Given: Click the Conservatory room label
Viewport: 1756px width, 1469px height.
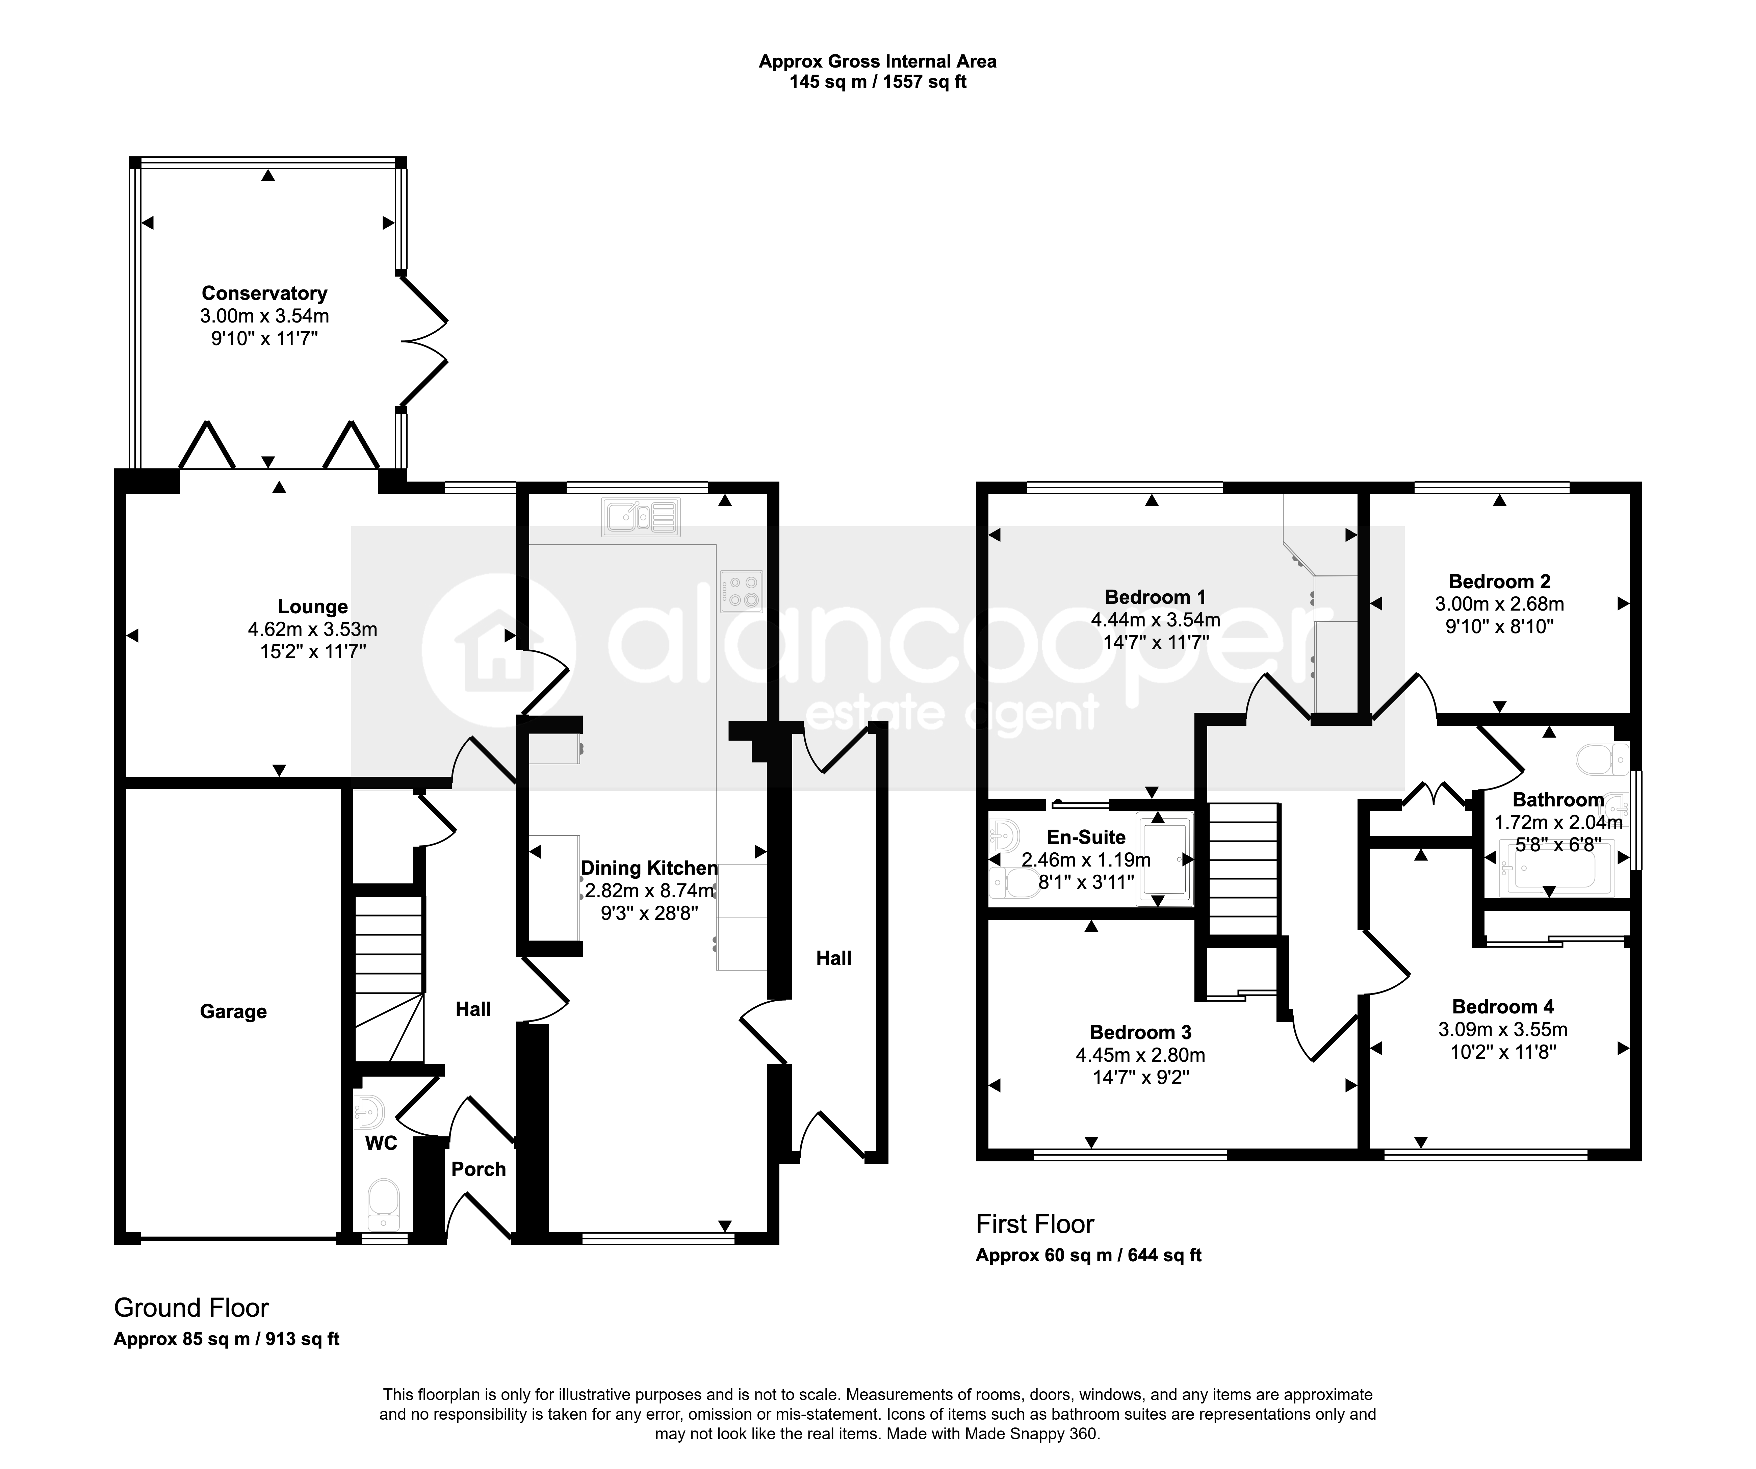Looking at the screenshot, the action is click(x=264, y=293).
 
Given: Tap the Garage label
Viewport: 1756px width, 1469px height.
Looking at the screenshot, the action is click(x=233, y=1012).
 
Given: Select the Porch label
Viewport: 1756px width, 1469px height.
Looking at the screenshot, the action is click(x=478, y=1169).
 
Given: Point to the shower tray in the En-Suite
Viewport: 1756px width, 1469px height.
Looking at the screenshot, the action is click(x=1164, y=859).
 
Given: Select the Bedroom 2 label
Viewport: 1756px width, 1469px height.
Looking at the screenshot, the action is click(x=1499, y=581).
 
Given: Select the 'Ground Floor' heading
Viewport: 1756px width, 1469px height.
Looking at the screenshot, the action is click(x=191, y=1308).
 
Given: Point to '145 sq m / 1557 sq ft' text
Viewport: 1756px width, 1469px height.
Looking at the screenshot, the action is click(x=878, y=82).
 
